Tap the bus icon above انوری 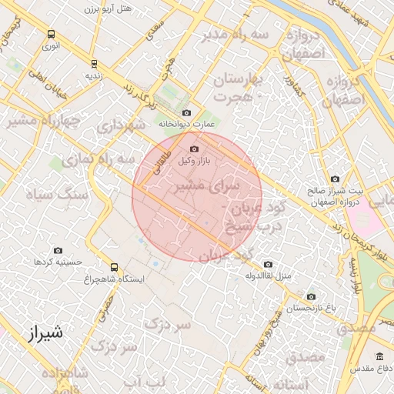click(51, 35)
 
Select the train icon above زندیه click(94, 64)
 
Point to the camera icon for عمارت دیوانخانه click(186, 112)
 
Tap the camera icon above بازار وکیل click(194, 149)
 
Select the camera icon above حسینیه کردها click(58, 250)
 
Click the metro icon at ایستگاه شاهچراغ click(115, 267)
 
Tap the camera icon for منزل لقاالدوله click(268, 263)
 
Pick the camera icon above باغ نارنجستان click(311, 296)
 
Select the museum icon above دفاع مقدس click(379, 356)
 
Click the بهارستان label click(238, 80)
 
